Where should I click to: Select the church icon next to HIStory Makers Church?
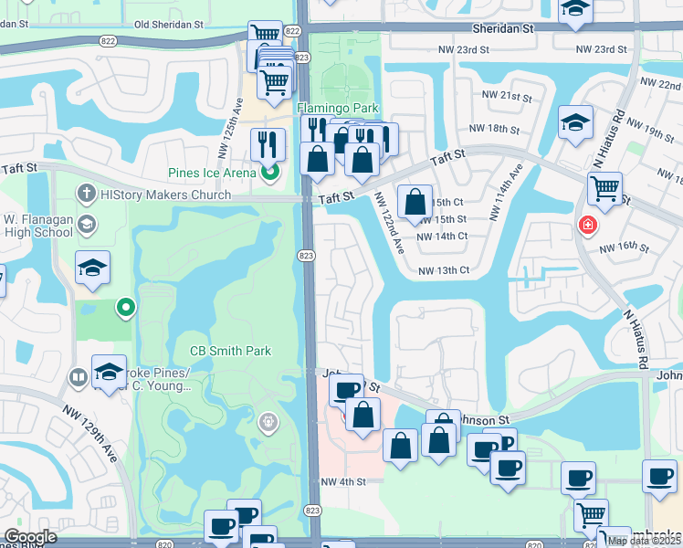[x=86, y=193]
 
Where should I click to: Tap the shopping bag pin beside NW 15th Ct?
[x=415, y=202]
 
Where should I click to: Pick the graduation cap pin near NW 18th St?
[x=575, y=123]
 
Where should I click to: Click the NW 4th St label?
[x=342, y=481]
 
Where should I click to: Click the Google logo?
[x=30, y=537]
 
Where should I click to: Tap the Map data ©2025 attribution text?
[x=644, y=541]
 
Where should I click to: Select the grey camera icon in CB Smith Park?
[x=268, y=420]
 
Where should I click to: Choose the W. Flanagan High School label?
[x=38, y=225]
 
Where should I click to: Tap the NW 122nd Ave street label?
[x=389, y=223]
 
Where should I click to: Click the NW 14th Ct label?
[x=442, y=236]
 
